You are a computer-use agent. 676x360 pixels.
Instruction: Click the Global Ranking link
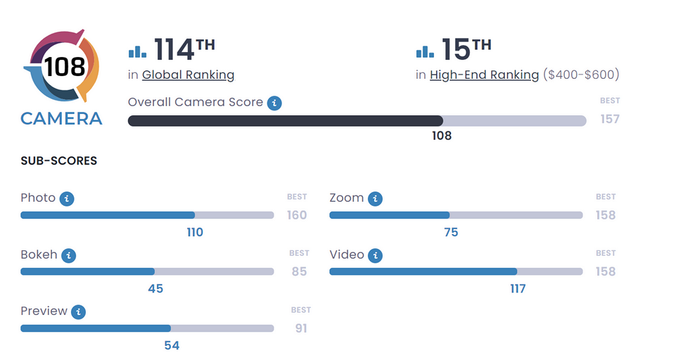coord(188,75)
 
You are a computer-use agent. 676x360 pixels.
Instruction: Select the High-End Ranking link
coord(484,75)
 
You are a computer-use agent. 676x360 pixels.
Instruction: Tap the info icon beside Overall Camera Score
coord(274,103)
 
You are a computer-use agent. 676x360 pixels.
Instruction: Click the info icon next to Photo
coord(67,198)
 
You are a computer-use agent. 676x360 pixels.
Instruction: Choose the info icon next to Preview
coord(78,311)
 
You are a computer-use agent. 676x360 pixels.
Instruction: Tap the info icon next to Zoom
coord(375,198)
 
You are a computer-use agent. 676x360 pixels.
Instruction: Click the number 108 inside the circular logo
coord(64,67)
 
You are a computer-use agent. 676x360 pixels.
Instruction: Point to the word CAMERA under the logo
coord(61,118)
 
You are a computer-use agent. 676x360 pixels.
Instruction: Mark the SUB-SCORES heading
coord(59,161)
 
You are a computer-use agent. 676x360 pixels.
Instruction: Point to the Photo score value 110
coord(195,232)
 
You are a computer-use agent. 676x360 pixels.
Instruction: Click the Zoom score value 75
coord(451,232)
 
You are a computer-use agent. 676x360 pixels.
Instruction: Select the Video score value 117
coord(518,288)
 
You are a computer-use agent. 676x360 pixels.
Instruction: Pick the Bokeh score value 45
coord(155,288)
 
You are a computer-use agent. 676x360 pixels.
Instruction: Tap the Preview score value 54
coord(172,345)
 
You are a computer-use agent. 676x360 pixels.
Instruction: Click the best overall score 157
coord(610,119)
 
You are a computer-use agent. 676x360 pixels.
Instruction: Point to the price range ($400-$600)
coord(581,75)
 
